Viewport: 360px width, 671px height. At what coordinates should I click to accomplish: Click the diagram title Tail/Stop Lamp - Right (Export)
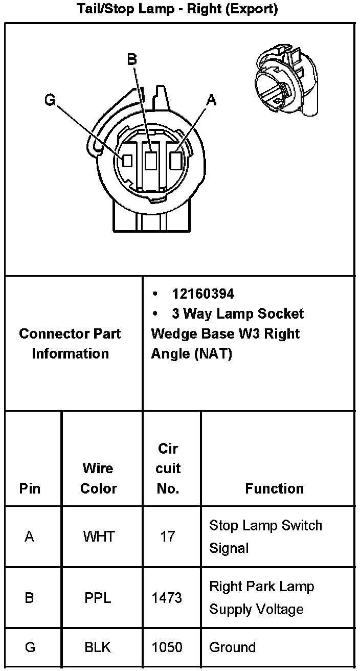click(x=177, y=9)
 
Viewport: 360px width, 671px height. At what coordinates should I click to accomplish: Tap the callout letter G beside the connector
click(x=50, y=100)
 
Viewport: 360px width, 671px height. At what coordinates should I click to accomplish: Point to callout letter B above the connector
click(x=132, y=60)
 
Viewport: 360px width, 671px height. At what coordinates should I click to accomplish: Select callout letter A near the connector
click(x=211, y=100)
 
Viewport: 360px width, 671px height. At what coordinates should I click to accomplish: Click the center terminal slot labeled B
click(x=150, y=161)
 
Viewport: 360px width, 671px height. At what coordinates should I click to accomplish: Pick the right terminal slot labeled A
click(x=175, y=161)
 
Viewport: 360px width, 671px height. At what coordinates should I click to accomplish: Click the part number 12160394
click(x=203, y=294)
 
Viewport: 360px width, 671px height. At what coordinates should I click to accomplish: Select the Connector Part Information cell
click(x=70, y=343)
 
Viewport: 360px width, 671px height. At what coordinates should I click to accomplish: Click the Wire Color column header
click(x=99, y=478)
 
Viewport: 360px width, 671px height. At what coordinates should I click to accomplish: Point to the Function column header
click(x=274, y=488)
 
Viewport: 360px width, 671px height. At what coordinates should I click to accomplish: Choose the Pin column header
click(x=30, y=488)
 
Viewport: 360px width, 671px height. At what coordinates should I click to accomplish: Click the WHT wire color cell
click(x=99, y=536)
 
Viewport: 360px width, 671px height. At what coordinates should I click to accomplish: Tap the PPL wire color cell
click(x=98, y=597)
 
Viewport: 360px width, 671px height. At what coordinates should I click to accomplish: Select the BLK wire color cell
click(x=98, y=647)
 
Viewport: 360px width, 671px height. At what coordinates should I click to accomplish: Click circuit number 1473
click(x=167, y=597)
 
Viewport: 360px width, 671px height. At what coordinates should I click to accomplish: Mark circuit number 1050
click(x=167, y=647)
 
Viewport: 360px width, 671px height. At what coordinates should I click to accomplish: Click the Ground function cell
click(x=232, y=647)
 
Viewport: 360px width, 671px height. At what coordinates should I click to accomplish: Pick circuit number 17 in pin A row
click(x=168, y=536)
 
